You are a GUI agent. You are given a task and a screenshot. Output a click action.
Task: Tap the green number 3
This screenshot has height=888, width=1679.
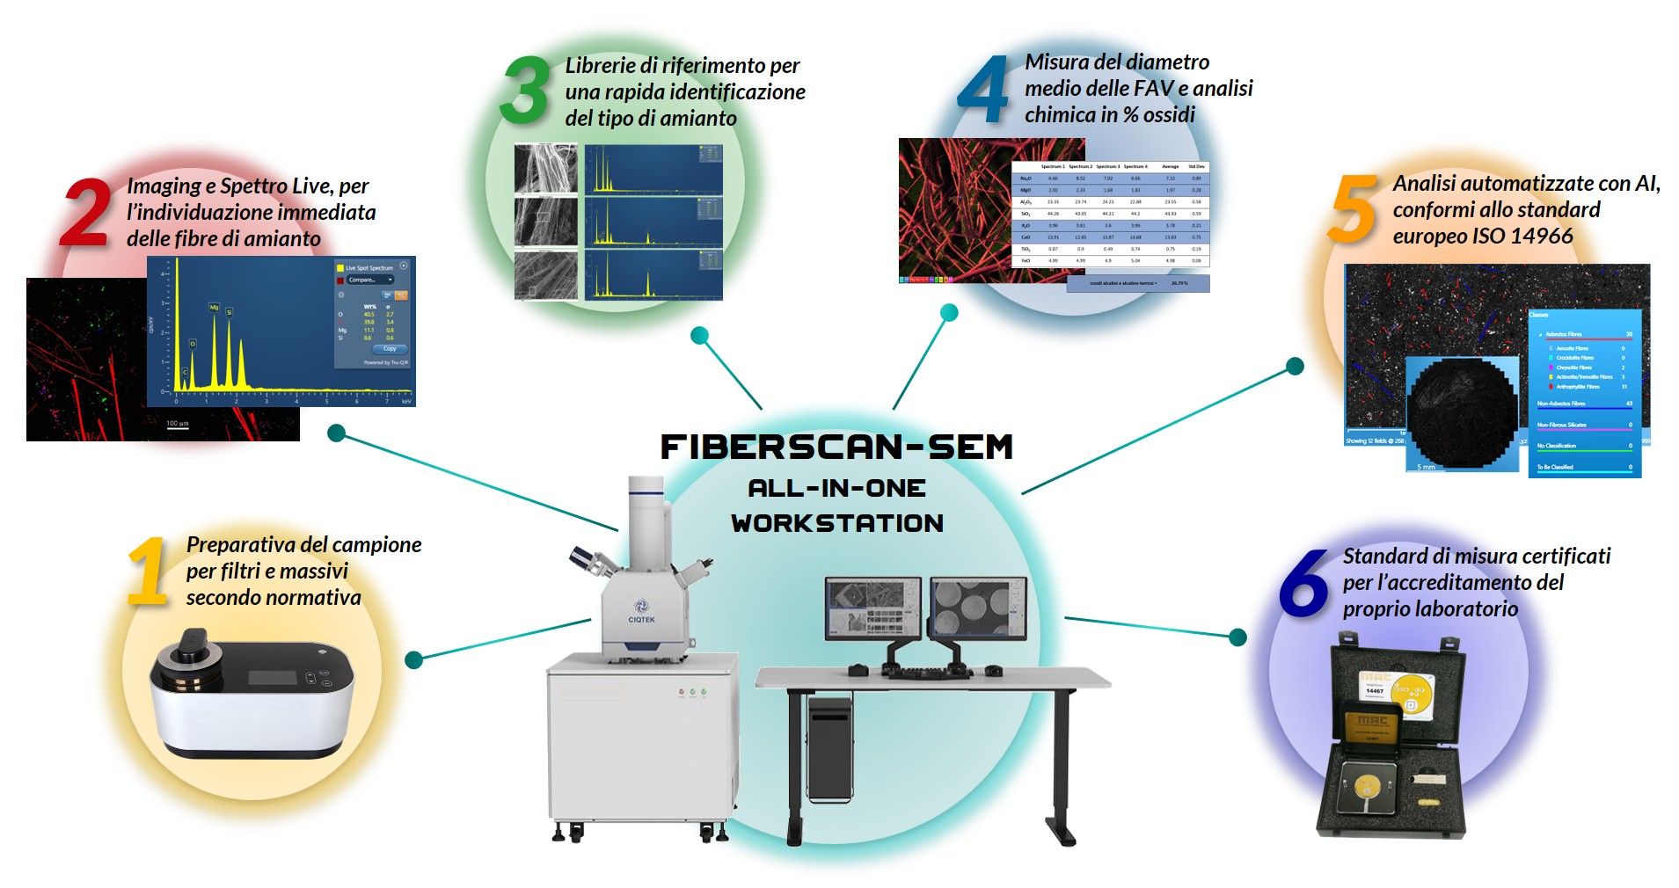pos(524,91)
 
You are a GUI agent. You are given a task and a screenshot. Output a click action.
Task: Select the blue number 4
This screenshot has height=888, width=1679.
pos(983,90)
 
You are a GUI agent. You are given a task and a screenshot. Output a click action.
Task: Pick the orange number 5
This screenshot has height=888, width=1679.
pos(1353,209)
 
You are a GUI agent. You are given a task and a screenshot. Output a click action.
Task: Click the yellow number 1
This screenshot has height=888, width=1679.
pos(148,571)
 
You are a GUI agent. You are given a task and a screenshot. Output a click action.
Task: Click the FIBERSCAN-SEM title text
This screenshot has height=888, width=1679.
pos(836,448)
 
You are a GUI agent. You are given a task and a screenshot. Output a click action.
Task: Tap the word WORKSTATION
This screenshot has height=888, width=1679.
pos(836,523)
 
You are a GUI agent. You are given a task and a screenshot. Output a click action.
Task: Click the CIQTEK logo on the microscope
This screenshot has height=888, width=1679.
pos(641,610)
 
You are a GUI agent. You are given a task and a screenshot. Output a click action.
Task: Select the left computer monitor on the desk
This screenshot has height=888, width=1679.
pos(872,607)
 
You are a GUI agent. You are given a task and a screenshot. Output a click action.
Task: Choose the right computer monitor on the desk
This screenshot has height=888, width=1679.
pos(978,607)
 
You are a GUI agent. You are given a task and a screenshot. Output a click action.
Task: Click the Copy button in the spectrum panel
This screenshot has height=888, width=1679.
pos(389,348)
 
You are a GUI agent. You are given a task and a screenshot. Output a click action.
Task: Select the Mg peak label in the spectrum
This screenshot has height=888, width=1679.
pos(214,307)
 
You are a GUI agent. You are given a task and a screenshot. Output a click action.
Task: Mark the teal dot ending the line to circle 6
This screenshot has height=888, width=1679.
pos(1237,637)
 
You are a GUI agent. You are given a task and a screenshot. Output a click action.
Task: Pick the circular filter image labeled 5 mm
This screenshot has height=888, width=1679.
pos(1463,413)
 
